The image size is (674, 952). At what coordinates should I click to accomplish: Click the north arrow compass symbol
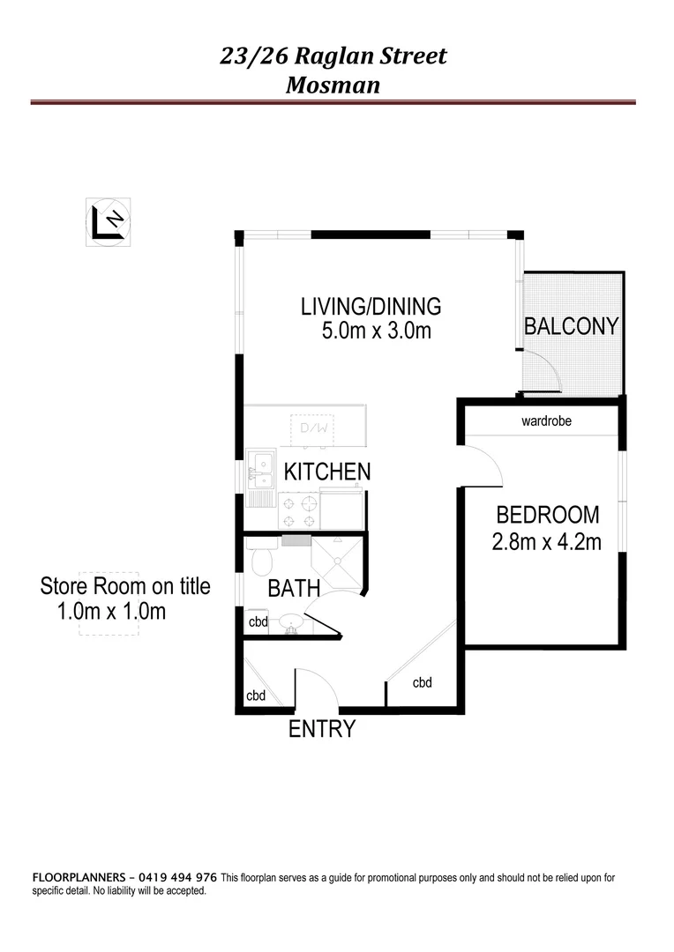pos(109,219)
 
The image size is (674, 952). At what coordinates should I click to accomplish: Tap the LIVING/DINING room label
pos(371,307)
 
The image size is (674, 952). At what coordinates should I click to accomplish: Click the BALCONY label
pos(571,326)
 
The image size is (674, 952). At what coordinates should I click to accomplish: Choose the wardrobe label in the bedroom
pos(546,421)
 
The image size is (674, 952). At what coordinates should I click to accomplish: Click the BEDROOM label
pos(547,515)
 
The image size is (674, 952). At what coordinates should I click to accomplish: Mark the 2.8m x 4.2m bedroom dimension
pos(546,541)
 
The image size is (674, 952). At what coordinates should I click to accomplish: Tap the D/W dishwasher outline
pos(313,428)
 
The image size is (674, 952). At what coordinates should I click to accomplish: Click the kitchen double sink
pos(260,469)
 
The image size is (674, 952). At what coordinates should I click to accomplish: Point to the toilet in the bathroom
pos(262,560)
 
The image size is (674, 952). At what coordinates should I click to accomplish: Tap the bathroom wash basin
pos(292,623)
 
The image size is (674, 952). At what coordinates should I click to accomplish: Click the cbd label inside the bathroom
pos(258,621)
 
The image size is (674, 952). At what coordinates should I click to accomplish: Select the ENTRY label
pos(322,729)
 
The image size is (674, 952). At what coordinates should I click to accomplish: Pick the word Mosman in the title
pos(333,86)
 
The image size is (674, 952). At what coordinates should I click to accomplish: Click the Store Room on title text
pos(125,586)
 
